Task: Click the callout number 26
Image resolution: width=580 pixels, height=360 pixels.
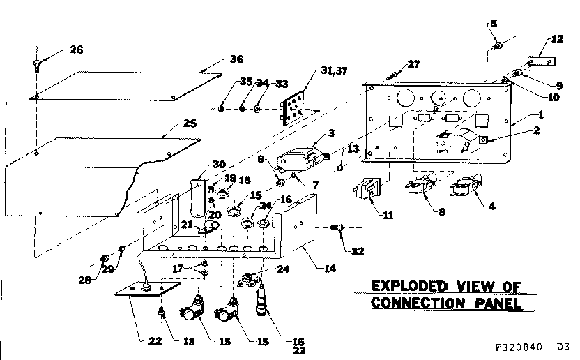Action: pos(76,49)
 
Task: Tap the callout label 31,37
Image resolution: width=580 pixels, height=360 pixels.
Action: pos(335,70)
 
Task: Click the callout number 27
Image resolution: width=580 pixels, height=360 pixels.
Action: pos(414,65)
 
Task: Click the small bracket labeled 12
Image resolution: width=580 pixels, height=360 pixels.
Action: pos(540,61)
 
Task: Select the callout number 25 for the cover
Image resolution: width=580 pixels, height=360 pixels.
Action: pos(189,123)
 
